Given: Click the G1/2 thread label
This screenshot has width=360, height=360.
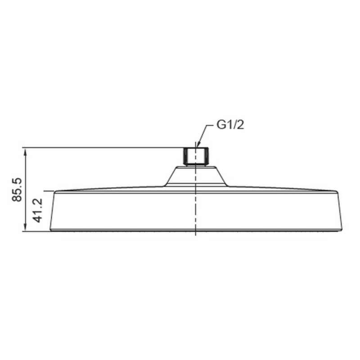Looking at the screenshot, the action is point(230,125).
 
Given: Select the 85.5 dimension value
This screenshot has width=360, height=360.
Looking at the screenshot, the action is point(17,189).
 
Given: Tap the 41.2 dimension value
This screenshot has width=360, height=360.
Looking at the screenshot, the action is point(38,210).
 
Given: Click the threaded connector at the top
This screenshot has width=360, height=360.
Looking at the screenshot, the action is point(196,157).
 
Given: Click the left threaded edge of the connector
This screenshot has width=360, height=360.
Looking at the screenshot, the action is point(185,156).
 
